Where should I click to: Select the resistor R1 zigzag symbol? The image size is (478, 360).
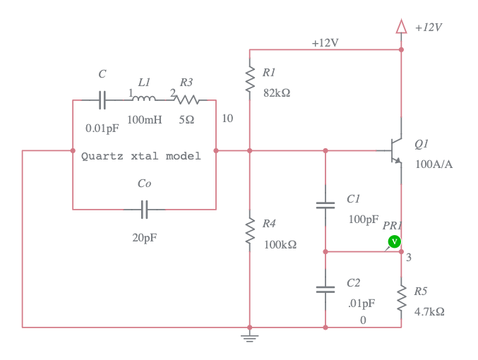click(x=249, y=80)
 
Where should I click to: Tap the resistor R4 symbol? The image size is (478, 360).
click(x=249, y=232)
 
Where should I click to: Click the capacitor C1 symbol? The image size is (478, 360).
click(x=325, y=205)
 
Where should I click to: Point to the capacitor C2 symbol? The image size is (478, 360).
click(x=325, y=289)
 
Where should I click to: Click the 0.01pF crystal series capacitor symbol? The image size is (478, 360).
click(x=102, y=100)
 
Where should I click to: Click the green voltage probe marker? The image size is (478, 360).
click(x=395, y=241)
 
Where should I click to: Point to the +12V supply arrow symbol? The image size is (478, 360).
click(x=401, y=27)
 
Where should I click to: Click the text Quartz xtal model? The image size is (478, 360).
click(x=141, y=156)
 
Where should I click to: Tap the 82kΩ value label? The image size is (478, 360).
click(x=276, y=93)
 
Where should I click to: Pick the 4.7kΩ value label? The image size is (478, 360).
click(x=429, y=311)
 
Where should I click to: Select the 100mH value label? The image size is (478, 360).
click(x=145, y=120)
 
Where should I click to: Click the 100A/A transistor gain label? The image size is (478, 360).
click(x=434, y=164)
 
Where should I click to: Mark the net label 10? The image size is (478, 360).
click(x=227, y=118)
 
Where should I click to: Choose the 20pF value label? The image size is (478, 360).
click(x=145, y=238)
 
